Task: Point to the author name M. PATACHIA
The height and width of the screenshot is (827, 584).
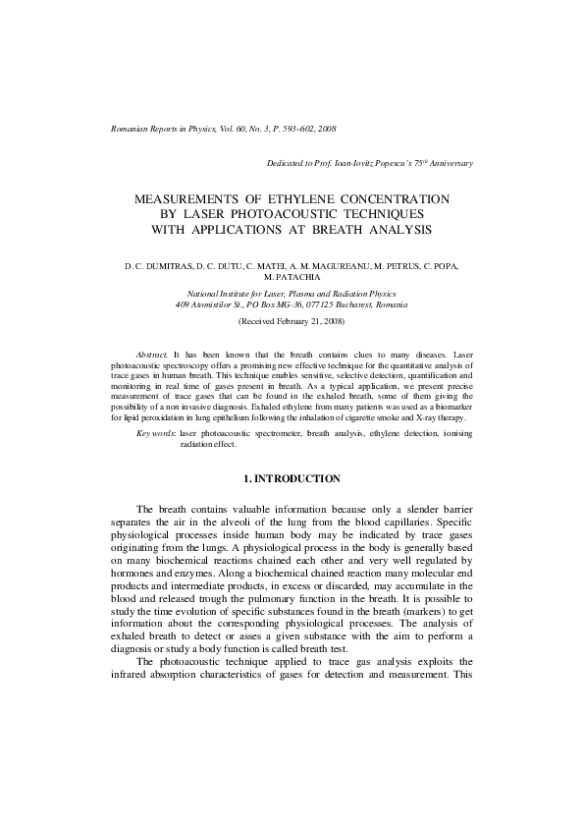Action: pos(292,278)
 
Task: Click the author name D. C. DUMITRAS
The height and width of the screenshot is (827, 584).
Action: pos(158,266)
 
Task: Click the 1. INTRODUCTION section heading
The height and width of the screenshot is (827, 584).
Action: pos(292,478)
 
